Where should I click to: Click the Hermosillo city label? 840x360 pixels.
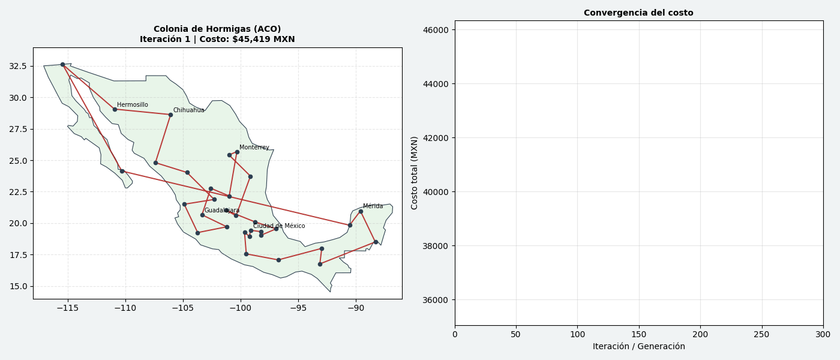[x=132, y=105]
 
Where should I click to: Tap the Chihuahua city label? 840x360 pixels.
[x=188, y=110]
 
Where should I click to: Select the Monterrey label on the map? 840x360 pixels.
[x=254, y=148]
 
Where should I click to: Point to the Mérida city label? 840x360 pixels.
[x=373, y=206]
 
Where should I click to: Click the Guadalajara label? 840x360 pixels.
[x=221, y=211]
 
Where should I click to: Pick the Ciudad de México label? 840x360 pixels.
[x=278, y=226]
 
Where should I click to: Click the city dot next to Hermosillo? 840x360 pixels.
[x=115, y=109]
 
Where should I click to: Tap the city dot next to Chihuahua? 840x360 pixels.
[x=170, y=115]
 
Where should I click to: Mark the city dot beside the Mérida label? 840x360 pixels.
[x=361, y=211]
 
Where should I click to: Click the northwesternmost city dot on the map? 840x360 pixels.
[x=62, y=64]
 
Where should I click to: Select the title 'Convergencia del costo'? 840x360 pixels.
[x=638, y=13]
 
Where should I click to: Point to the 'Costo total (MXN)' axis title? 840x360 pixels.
[x=415, y=173]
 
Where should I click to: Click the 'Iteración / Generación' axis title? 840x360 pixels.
[x=638, y=346]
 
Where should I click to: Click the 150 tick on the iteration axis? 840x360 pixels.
[x=638, y=334]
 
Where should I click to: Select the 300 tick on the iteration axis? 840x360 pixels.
[x=823, y=334]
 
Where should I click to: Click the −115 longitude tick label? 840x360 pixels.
[x=67, y=308]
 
